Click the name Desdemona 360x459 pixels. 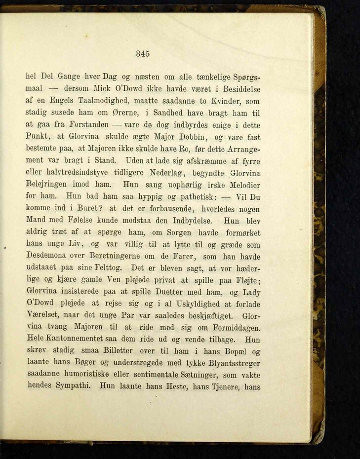click(x=51, y=257)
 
